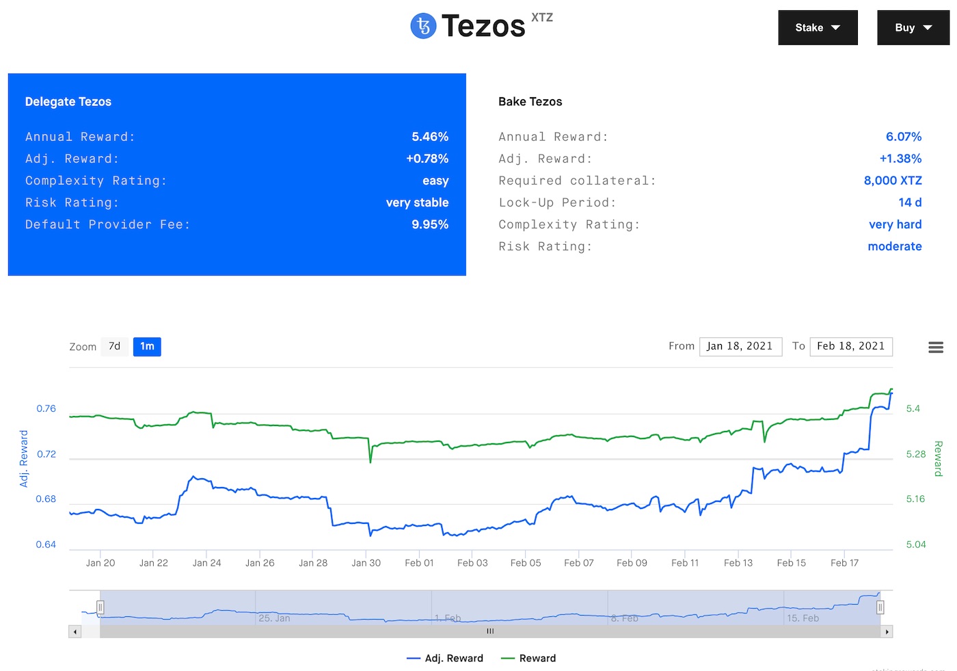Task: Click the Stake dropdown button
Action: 818,28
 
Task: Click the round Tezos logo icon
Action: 423,26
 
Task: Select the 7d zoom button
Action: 114,347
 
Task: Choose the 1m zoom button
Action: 147,347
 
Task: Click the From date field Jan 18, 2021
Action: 740,346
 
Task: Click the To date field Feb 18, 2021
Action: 850,346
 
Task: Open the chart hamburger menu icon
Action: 936,347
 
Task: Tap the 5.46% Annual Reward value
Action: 430,137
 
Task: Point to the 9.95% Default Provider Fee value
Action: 430,224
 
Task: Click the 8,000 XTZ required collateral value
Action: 893,181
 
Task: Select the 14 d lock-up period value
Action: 910,202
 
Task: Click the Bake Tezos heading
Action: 530,102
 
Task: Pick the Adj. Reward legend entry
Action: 445,658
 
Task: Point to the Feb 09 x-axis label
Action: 632,563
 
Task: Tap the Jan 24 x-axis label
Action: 206,563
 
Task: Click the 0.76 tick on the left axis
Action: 46,408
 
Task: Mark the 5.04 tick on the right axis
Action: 916,544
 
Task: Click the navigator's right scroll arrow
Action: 887,632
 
